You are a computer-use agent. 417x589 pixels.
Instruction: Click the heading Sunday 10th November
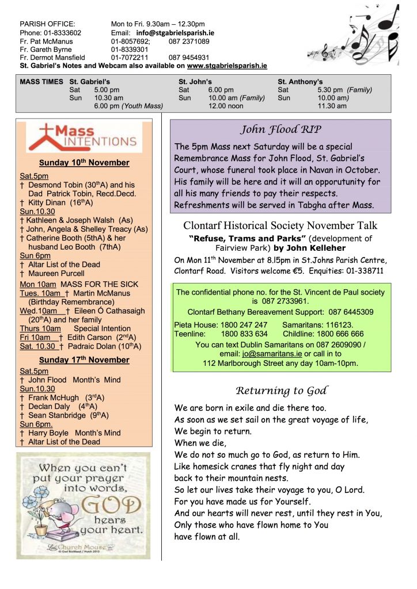[84, 163]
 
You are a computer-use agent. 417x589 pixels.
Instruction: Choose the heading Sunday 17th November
[84, 360]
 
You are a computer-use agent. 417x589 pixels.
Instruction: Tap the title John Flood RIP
[280, 129]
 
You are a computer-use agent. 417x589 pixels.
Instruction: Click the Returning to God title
[280, 391]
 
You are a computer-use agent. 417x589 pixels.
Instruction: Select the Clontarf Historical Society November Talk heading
[280, 225]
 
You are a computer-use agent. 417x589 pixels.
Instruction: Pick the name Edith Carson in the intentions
[90, 337]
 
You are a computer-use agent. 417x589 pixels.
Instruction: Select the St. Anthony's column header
[300, 82]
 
